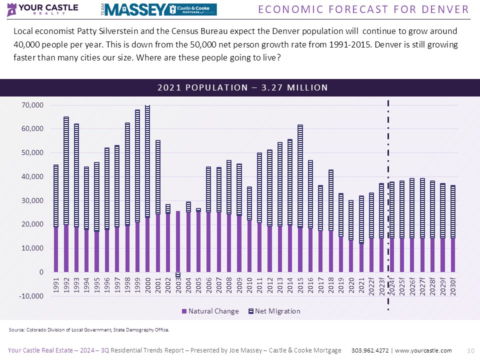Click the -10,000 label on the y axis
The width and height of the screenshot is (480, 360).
31,296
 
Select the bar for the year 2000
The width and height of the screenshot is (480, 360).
147,190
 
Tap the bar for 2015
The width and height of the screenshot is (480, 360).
300,200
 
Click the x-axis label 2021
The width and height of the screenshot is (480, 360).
361,287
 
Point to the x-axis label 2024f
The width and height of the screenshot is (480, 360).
392,288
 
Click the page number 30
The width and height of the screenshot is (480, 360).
469,350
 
